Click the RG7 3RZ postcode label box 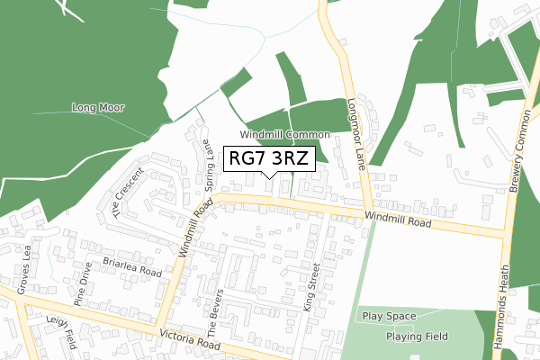269,158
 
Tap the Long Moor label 98,107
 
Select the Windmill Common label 285,133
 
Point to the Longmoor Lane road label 357,136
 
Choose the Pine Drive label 84,283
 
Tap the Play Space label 390,317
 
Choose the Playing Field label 417,337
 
